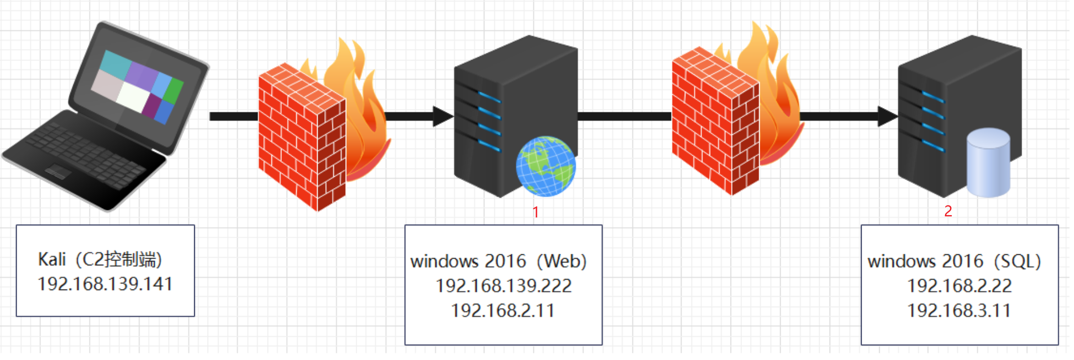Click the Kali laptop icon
(105, 116)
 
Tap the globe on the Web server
(546, 166)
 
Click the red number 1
(536, 212)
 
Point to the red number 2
(948, 211)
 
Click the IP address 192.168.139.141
(105, 284)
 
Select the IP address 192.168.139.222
(503, 286)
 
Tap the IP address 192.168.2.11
(503, 310)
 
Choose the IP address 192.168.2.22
(959, 286)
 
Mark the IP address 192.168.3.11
(959, 310)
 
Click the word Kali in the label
(52, 259)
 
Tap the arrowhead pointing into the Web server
(443, 116)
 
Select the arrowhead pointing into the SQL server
(887, 116)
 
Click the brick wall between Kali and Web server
(302, 138)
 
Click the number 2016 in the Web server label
(505, 261)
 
